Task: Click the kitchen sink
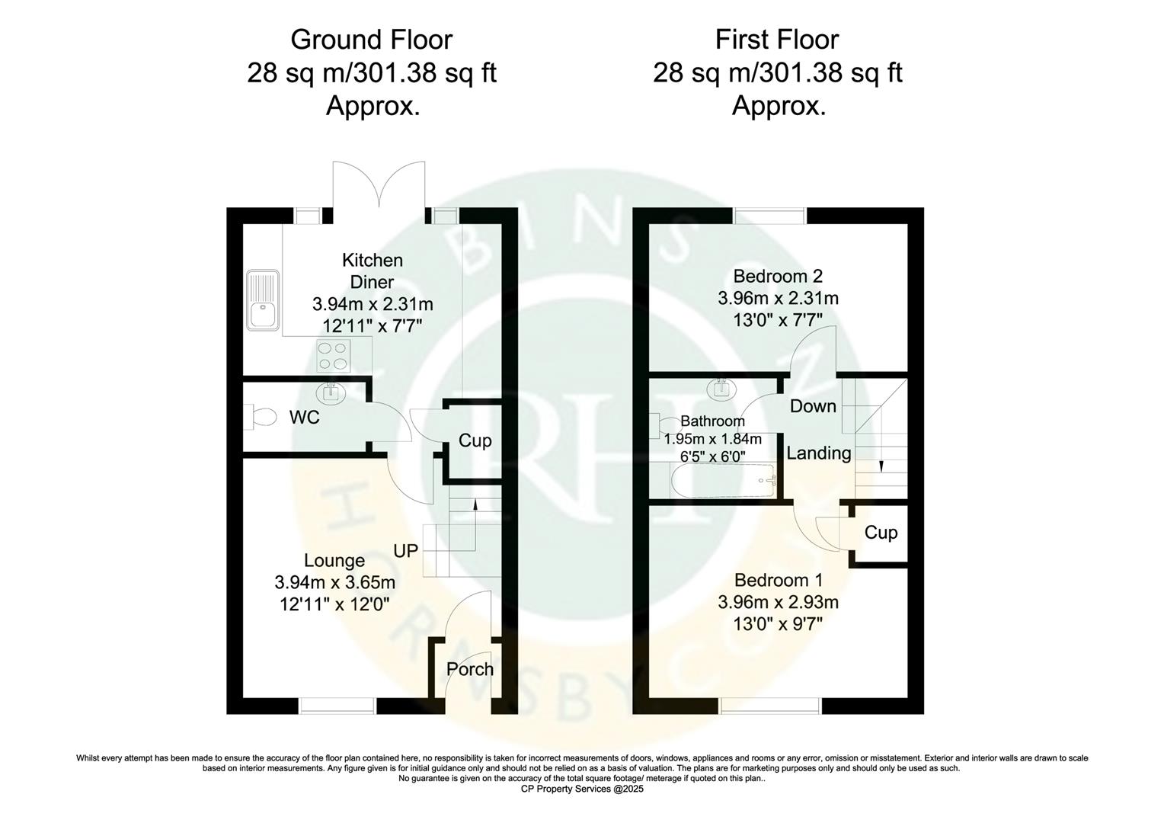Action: [x=263, y=303]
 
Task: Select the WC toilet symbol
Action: [x=263, y=417]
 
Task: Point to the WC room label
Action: [x=304, y=418]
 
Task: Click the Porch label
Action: [x=470, y=669]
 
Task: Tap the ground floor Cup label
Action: [x=475, y=440]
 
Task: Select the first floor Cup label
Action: [x=881, y=532]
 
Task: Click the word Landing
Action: [x=818, y=453]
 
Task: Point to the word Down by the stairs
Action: [x=813, y=406]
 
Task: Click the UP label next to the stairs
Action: [x=406, y=549]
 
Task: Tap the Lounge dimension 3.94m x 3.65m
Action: [x=334, y=583]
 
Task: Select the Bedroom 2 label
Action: [x=778, y=276]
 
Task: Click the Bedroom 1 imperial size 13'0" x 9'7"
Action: [x=778, y=624]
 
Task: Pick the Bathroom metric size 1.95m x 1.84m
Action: [x=712, y=439]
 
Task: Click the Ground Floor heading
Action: [x=371, y=40]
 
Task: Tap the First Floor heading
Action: [x=777, y=40]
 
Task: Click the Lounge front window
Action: [x=337, y=706]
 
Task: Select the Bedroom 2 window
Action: [x=770, y=216]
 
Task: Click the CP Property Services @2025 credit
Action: [x=582, y=789]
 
